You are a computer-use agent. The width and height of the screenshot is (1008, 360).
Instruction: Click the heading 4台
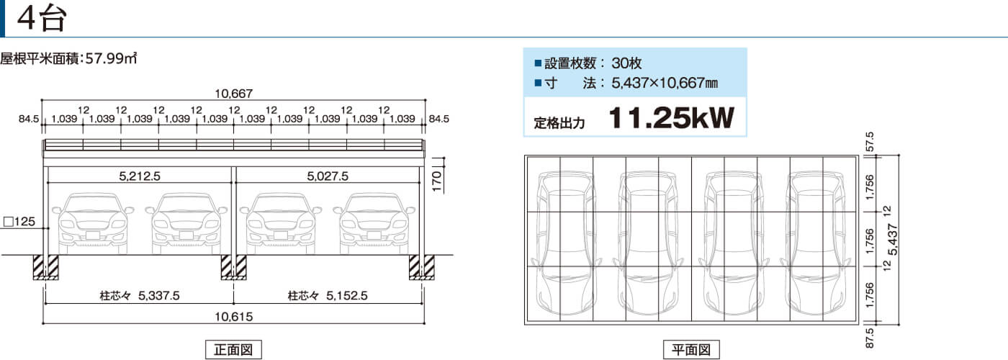(42, 19)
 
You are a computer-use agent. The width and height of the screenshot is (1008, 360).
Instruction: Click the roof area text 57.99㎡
(111, 58)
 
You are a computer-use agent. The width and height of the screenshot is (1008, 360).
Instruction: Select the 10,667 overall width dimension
(233, 94)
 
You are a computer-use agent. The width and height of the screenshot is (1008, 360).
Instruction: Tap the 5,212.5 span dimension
(140, 176)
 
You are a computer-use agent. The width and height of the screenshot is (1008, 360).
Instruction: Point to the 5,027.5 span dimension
(328, 176)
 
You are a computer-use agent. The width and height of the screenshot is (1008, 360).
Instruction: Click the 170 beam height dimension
(437, 181)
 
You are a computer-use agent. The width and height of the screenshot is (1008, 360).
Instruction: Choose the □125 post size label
(19, 222)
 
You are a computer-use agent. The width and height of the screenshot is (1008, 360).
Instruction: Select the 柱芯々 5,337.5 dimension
(140, 296)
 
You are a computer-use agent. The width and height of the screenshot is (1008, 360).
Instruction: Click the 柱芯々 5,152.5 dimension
(328, 296)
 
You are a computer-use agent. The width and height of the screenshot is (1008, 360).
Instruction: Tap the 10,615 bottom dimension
(233, 317)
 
